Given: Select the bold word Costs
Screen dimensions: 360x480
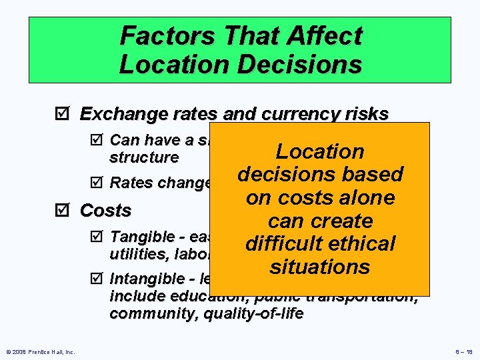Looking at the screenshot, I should [105, 210].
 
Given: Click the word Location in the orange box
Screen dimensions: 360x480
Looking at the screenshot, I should [320, 151].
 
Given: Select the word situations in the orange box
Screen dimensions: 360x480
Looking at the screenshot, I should [320, 267].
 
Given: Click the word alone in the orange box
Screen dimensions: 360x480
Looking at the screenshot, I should [365, 197].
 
